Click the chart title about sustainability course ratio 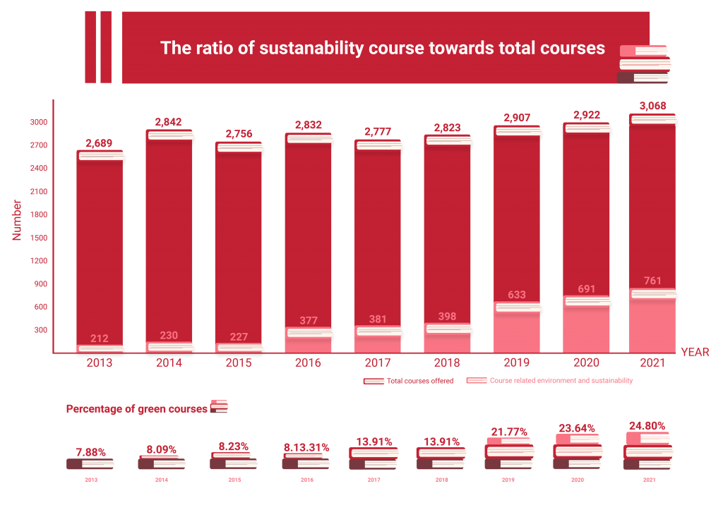click(x=382, y=48)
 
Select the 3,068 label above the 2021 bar click(x=652, y=107)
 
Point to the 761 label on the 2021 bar click(x=653, y=281)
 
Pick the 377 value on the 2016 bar click(x=308, y=321)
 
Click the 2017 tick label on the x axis click(x=377, y=363)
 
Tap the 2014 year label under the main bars click(x=169, y=363)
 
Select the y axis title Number click(x=17, y=220)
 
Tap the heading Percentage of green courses click(x=136, y=409)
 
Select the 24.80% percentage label click(x=647, y=426)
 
